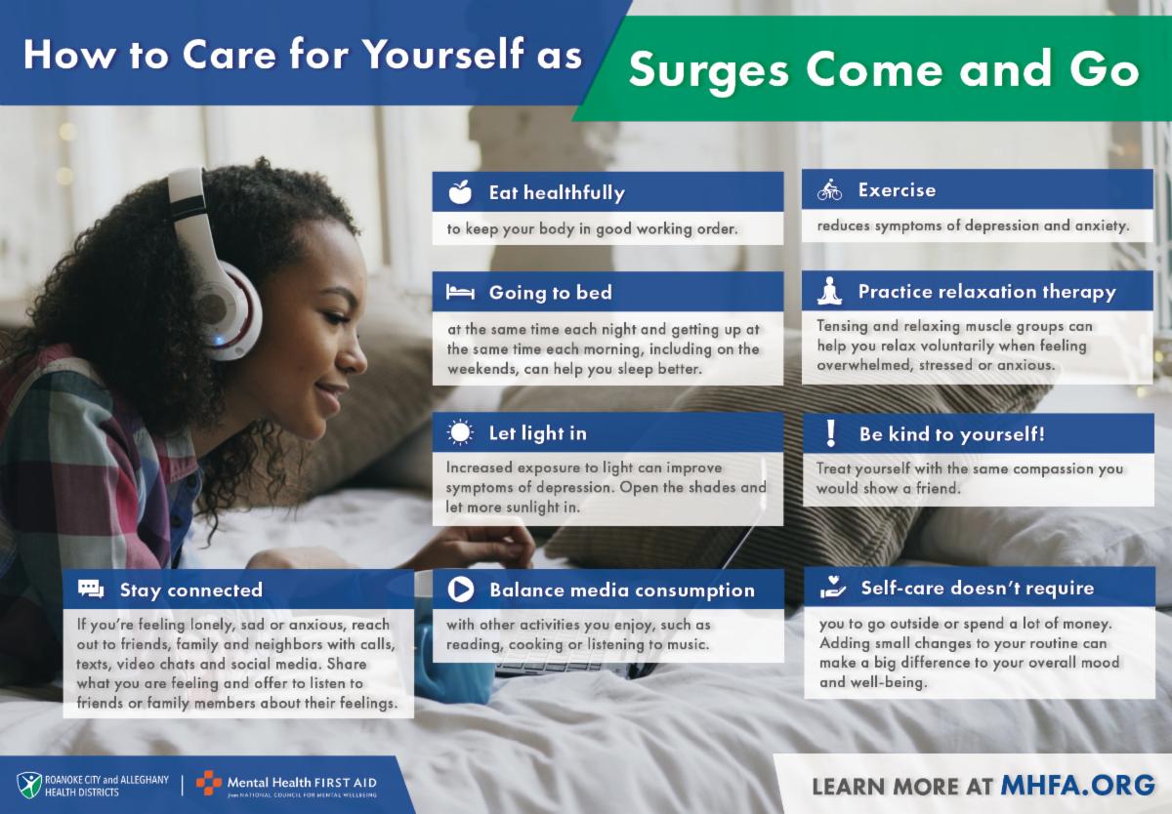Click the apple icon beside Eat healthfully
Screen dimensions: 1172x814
point(460,192)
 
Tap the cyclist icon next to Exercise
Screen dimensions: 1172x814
point(829,189)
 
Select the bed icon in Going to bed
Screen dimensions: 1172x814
point(460,292)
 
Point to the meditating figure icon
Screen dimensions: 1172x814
point(830,291)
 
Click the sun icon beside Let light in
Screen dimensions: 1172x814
point(460,432)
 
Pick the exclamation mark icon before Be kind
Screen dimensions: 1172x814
point(830,433)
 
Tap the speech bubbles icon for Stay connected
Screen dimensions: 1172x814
point(91,589)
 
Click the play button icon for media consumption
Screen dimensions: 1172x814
point(460,590)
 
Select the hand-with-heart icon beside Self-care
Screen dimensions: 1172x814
point(832,588)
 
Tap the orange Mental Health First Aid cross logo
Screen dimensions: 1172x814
point(209,783)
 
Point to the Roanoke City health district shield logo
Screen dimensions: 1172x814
point(29,785)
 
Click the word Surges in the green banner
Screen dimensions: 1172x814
point(708,70)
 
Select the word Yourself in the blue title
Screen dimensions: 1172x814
point(443,54)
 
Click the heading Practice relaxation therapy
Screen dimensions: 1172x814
point(986,292)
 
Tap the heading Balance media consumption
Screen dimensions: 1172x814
point(622,590)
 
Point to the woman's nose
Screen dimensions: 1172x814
point(355,355)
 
